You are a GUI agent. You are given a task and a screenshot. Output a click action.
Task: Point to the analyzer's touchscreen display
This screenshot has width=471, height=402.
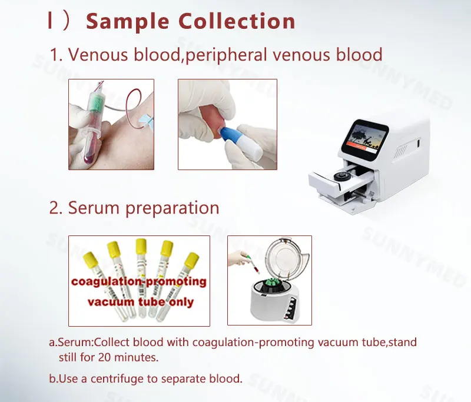coord(366,140)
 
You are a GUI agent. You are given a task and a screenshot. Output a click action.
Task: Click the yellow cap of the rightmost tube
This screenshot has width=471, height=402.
coord(191,259)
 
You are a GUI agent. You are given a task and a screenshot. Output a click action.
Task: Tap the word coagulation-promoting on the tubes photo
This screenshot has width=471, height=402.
coord(139,281)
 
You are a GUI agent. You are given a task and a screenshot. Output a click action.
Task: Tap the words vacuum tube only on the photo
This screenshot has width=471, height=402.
coord(140,302)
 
